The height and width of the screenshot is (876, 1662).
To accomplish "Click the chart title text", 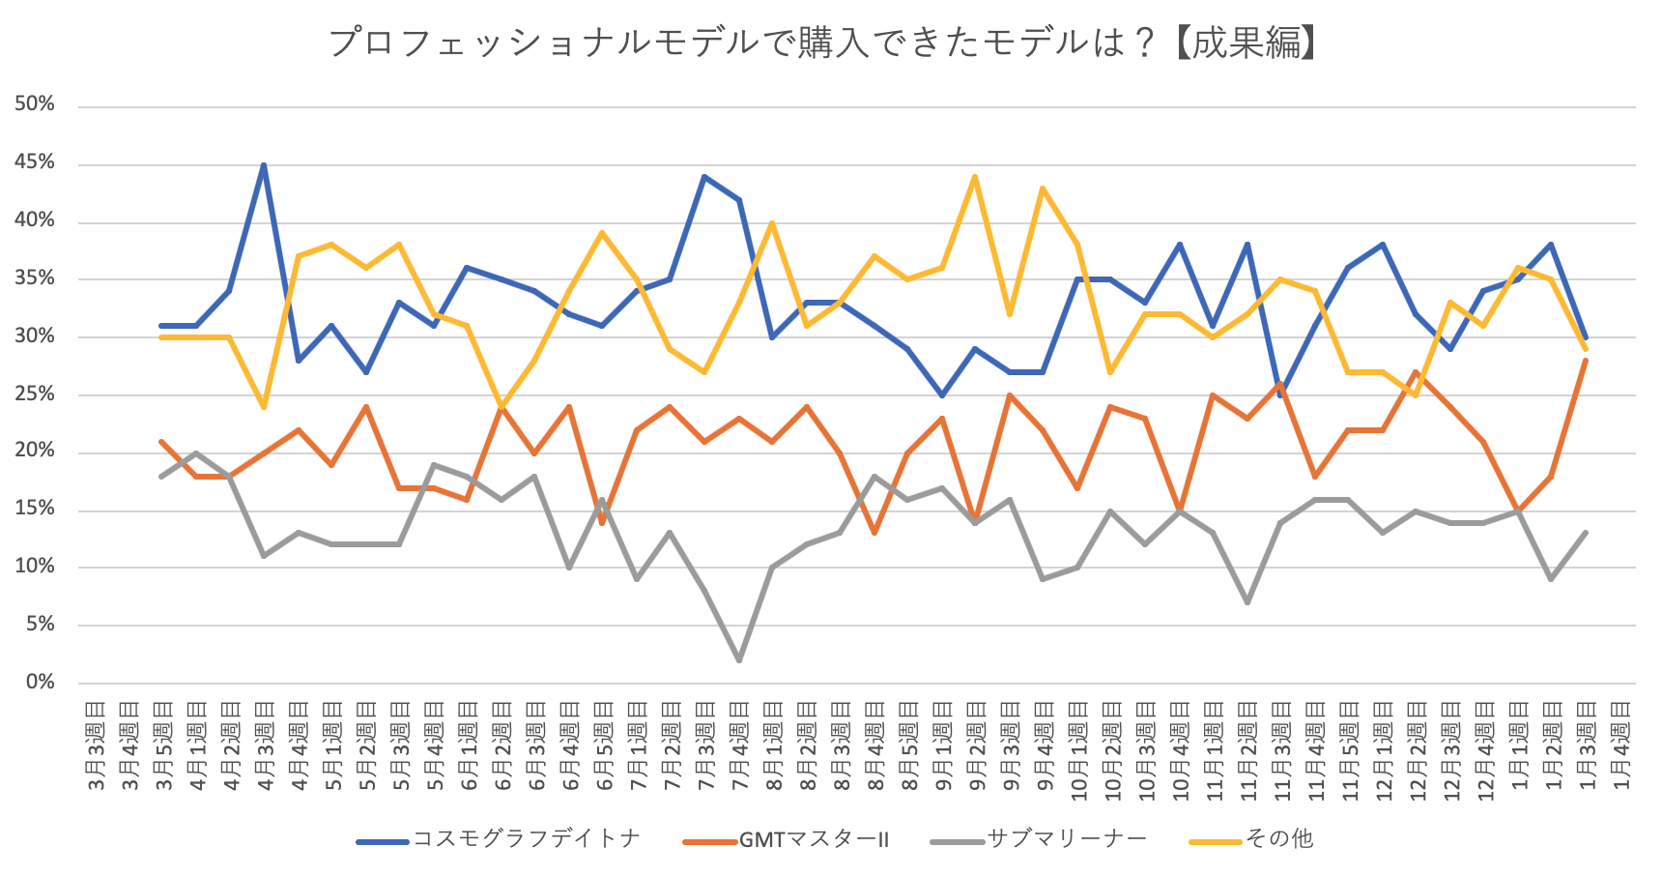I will (x=822, y=43).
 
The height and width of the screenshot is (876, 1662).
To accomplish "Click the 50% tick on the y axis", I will (x=35, y=104).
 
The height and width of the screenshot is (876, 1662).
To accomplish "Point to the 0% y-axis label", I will (x=40, y=683).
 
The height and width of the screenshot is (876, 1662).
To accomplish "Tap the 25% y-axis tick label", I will (x=35, y=394).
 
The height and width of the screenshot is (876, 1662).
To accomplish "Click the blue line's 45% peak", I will (x=264, y=165).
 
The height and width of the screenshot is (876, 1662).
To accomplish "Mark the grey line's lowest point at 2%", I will (x=739, y=660).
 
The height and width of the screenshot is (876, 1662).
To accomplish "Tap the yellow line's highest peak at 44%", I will (x=976, y=177).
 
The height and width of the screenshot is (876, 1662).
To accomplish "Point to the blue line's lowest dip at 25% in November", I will (x=1281, y=395).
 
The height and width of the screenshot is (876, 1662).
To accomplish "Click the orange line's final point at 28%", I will (x=1586, y=361).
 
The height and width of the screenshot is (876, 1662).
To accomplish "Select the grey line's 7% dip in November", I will (x=1247, y=602).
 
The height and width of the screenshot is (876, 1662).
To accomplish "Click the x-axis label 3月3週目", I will (x=96, y=749).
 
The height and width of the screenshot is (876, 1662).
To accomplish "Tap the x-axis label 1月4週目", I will (x=1620, y=749).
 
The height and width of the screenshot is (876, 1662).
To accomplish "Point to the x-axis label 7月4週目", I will (x=739, y=749).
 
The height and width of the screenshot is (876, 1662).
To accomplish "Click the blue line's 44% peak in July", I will (x=704, y=177).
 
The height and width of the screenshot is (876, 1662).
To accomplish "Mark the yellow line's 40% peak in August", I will (x=773, y=223).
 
